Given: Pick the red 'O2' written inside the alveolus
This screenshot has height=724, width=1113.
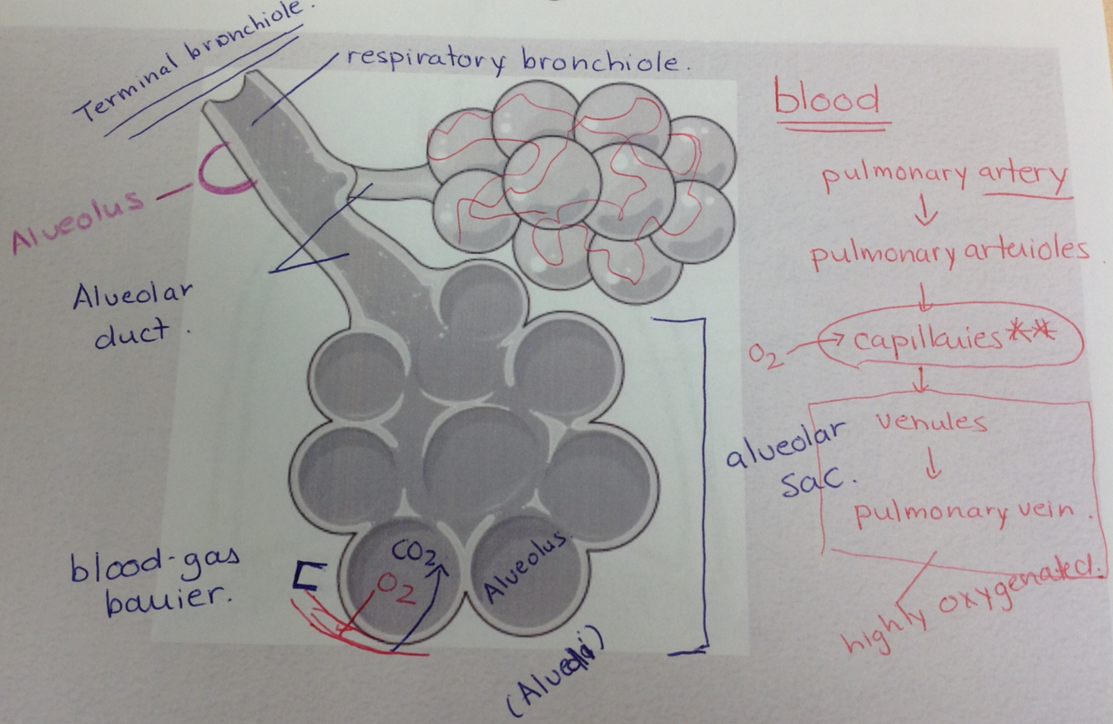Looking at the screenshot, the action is (x=391, y=585).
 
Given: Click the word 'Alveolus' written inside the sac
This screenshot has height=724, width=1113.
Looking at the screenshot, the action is (x=531, y=568).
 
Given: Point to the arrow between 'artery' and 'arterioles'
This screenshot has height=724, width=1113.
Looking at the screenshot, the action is (x=925, y=213).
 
